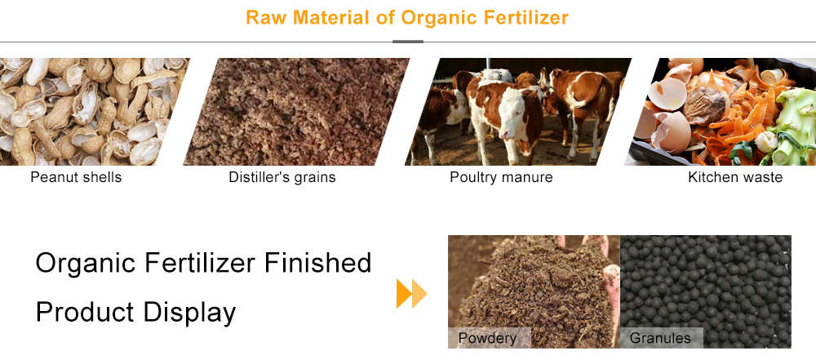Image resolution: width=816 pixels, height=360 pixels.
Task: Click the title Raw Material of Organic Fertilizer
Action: (x=407, y=18)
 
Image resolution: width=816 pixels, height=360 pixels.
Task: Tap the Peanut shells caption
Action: (x=76, y=177)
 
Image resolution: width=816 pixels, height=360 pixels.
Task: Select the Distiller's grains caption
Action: (x=282, y=177)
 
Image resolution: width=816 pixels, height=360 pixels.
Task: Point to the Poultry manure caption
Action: (x=501, y=177)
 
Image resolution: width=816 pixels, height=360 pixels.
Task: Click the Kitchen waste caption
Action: (x=735, y=177)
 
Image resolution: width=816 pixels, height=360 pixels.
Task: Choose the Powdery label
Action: (x=487, y=338)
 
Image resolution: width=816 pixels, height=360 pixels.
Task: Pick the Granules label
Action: (x=660, y=338)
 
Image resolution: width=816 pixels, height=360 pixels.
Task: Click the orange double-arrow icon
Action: (x=411, y=293)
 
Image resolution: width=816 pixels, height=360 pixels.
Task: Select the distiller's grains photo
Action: (x=297, y=112)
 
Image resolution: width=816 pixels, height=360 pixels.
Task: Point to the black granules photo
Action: (x=706, y=291)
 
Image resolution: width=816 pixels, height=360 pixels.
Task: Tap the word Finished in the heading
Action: (x=317, y=263)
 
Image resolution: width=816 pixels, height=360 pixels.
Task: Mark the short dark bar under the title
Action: (x=407, y=42)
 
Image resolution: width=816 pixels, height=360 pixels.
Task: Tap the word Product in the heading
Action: (x=85, y=312)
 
